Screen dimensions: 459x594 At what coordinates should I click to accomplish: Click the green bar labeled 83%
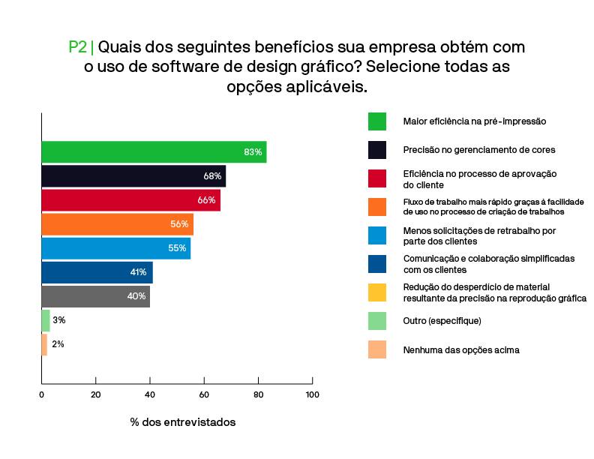point(154,152)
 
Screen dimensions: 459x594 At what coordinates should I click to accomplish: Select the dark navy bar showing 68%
point(133,176)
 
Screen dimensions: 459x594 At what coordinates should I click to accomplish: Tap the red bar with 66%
point(130,200)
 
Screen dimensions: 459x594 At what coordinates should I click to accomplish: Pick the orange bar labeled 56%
point(117,224)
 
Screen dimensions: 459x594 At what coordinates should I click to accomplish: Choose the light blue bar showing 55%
point(115,248)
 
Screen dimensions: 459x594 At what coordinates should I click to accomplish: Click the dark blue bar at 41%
point(97,272)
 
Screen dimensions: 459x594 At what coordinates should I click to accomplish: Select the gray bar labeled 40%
point(95,296)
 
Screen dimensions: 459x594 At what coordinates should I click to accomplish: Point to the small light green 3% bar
point(46,320)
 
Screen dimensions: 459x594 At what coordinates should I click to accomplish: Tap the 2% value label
point(58,344)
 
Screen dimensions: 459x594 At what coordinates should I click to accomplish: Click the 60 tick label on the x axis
point(204,394)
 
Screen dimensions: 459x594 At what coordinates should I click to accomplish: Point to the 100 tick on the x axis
point(312,394)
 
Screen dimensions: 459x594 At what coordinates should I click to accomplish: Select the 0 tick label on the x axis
point(41,394)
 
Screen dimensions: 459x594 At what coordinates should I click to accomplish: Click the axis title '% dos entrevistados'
point(182,422)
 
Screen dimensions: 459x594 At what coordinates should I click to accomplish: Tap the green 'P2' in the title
point(77,47)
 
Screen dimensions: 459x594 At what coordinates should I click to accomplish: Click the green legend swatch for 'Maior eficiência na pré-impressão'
point(377,121)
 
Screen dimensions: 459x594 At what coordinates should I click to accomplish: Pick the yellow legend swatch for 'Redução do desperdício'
point(377,292)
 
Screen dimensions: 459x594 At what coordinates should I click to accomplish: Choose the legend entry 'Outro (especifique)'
point(442,321)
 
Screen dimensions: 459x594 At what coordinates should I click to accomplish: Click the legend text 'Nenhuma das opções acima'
point(460,349)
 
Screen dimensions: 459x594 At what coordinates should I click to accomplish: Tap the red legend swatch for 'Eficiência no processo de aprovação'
point(377,178)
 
